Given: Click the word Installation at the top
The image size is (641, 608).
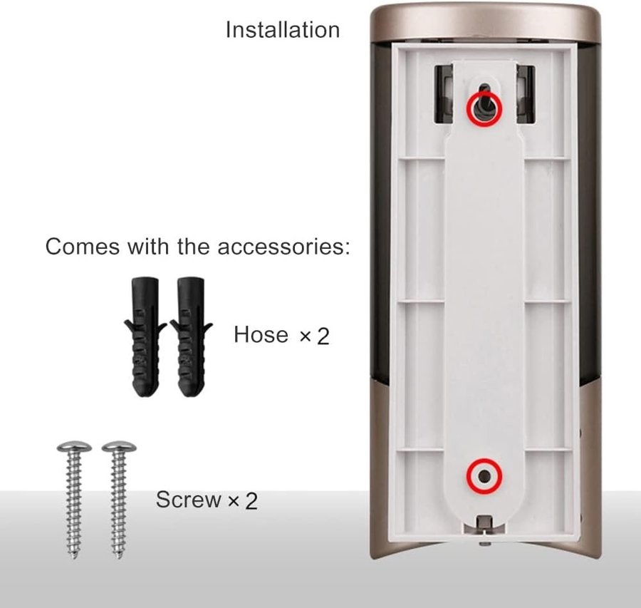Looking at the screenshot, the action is (283, 30).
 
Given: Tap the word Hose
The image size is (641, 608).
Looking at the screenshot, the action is (261, 334).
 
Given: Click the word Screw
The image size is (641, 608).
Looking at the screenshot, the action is (189, 499).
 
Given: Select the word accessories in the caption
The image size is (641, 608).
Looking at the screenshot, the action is (284, 247).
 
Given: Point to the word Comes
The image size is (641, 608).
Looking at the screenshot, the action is (82, 247).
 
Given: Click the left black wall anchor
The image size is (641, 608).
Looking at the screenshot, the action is (145, 337).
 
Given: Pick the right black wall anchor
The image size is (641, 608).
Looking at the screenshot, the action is (191, 337).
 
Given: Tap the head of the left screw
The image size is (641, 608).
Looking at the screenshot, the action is (74, 446).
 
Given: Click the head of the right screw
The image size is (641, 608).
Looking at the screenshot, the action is (119, 446).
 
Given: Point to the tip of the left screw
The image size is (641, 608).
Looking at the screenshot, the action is (74, 559).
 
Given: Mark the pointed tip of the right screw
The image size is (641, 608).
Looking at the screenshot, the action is (119, 559).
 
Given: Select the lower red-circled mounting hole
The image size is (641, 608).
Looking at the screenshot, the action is (484, 476).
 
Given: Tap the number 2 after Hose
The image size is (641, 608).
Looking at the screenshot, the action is (323, 336).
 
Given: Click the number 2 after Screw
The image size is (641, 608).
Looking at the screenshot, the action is (251, 501).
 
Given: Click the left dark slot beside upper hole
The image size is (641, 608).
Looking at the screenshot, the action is (444, 94).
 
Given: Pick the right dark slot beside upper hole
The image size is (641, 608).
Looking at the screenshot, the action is (526, 94).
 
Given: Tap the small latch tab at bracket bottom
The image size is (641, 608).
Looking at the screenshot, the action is (484, 523).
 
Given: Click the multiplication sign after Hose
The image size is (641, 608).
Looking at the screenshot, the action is (306, 336).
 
